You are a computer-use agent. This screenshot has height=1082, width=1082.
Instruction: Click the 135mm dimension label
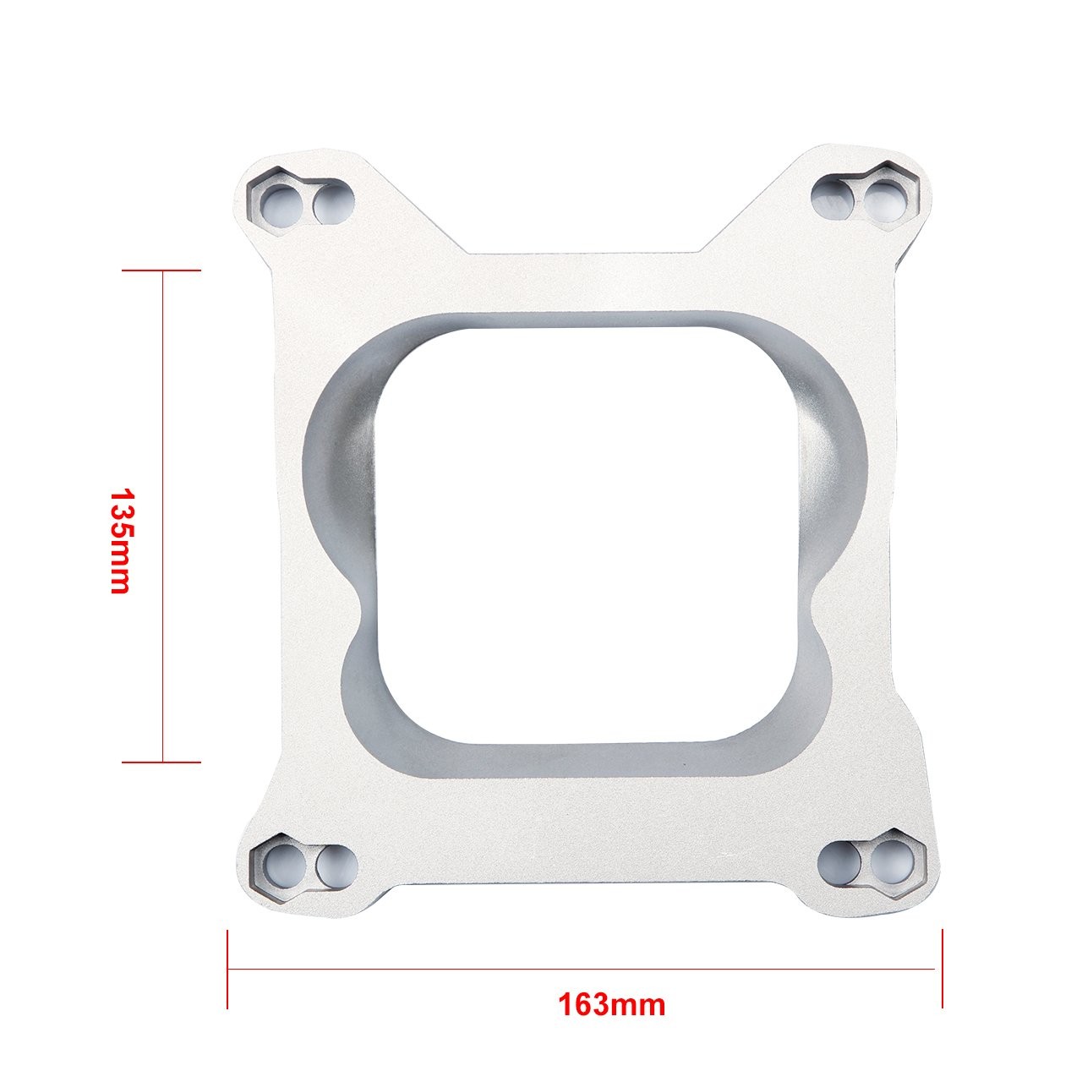[x=120, y=541]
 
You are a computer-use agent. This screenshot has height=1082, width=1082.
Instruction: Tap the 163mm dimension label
[x=611, y=1005]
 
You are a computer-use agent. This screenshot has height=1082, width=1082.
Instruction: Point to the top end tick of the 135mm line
[x=161, y=270]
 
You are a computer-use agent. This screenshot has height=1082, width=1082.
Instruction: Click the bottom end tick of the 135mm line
[x=161, y=762]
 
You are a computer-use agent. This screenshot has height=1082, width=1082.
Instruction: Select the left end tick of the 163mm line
[x=227, y=969]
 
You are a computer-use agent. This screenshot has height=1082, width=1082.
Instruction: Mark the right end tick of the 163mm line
[x=942, y=969]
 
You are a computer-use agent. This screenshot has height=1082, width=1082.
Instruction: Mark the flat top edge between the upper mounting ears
[x=583, y=253]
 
